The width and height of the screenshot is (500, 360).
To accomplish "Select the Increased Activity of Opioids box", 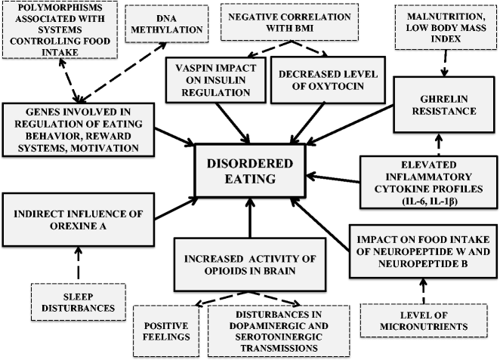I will click(x=249, y=261).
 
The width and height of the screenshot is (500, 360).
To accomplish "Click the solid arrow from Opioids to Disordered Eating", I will click(x=249, y=219).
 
